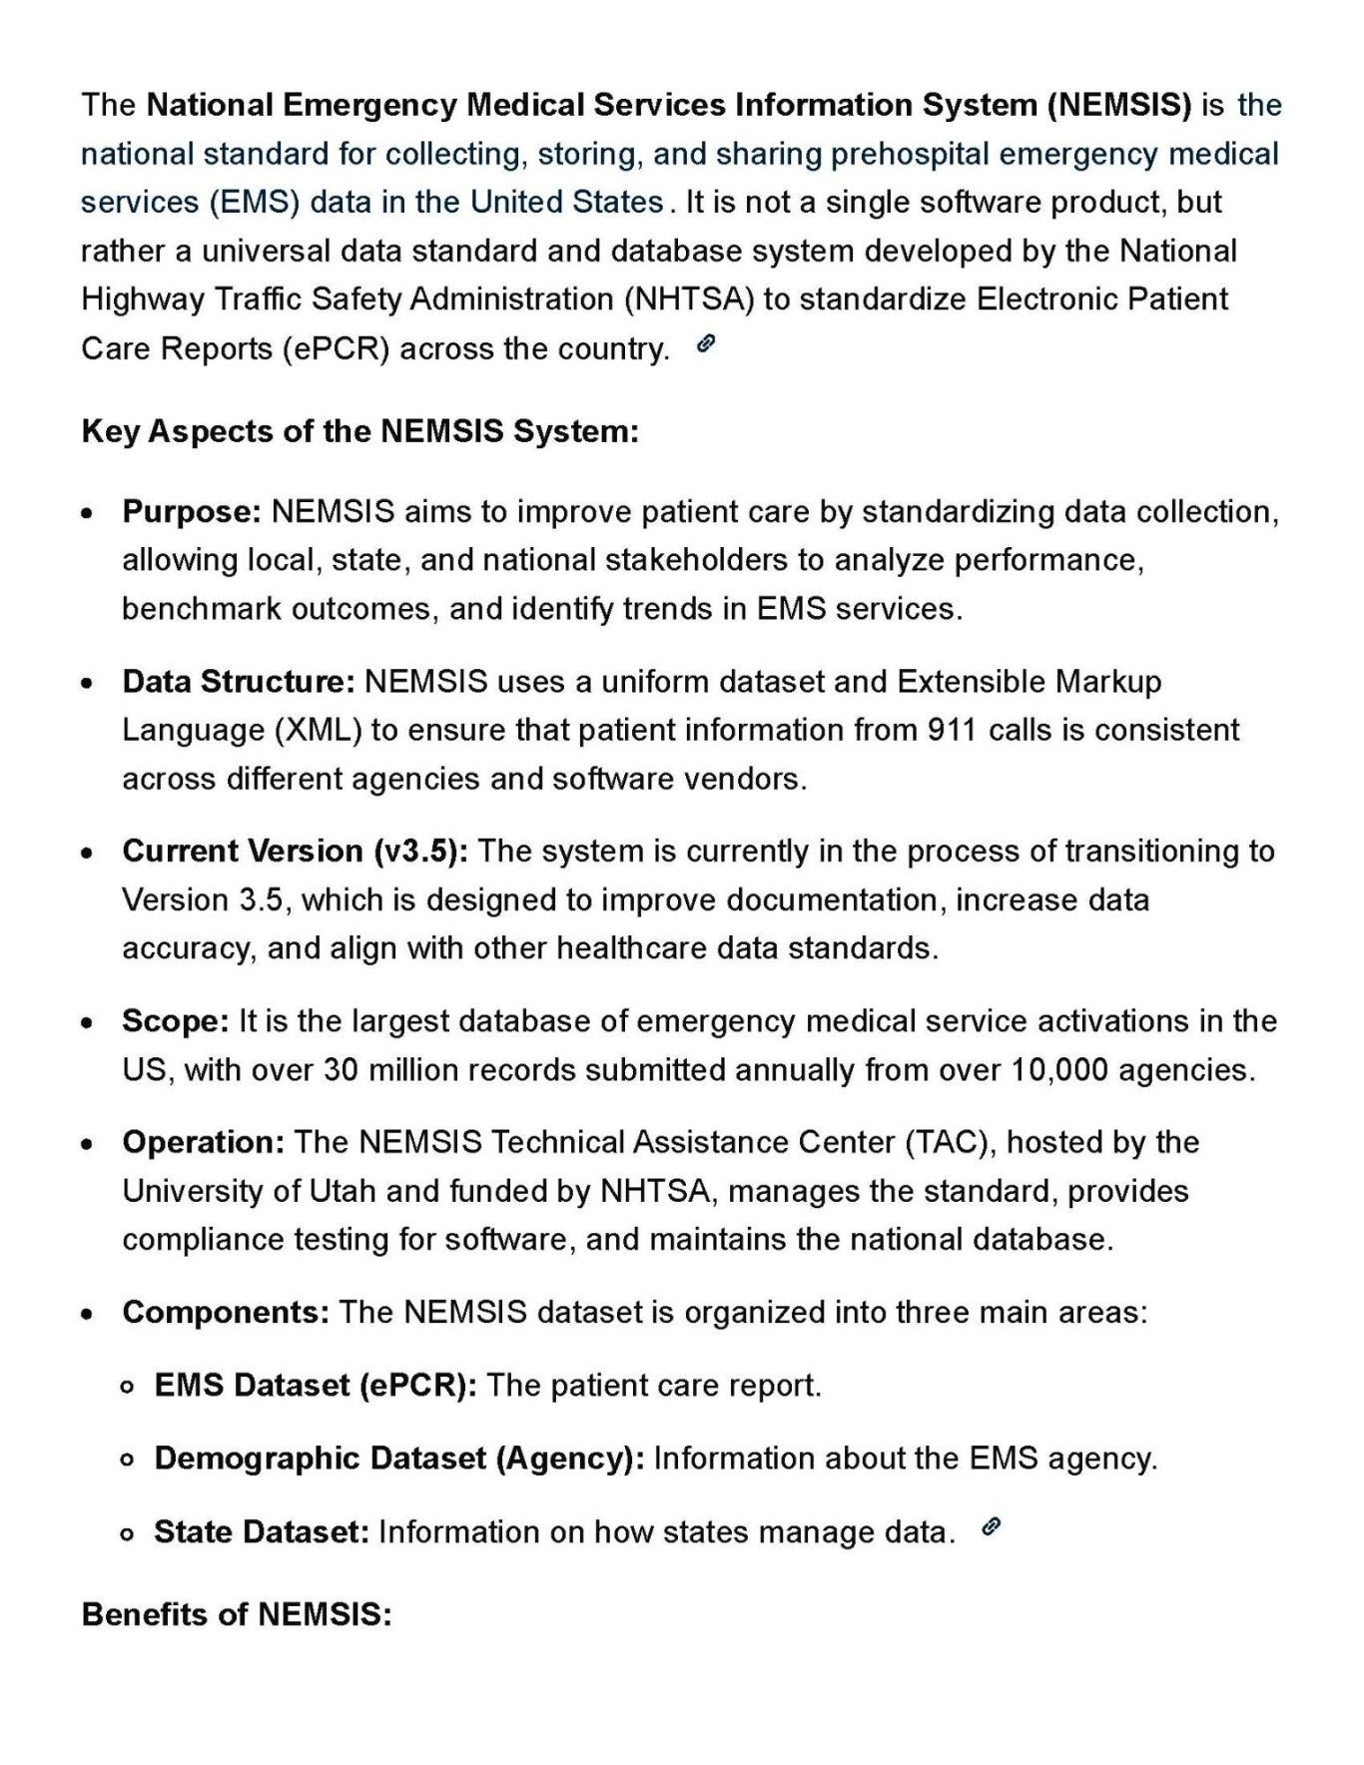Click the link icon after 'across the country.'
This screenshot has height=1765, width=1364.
(x=706, y=344)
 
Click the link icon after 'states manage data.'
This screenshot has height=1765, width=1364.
(x=991, y=1526)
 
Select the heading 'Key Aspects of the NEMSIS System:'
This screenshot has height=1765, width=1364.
(x=359, y=431)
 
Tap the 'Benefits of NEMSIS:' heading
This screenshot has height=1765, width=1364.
(x=236, y=1614)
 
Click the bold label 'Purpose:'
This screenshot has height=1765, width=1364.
(x=191, y=511)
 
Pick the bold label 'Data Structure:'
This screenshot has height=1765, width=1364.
(x=239, y=682)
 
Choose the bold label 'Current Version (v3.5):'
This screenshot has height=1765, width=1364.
(x=296, y=852)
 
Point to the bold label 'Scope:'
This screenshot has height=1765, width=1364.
(x=176, y=1021)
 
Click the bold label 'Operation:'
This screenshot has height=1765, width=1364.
(x=204, y=1142)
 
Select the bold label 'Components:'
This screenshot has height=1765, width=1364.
(x=226, y=1312)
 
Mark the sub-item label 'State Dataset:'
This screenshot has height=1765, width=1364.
(x=262, y=1532)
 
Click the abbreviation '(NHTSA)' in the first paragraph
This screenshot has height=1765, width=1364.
(x=688, y=299)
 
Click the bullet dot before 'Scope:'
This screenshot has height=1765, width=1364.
(x=89, y=1023)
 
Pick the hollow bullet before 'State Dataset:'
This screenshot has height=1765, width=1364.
(x=127, y=1534)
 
